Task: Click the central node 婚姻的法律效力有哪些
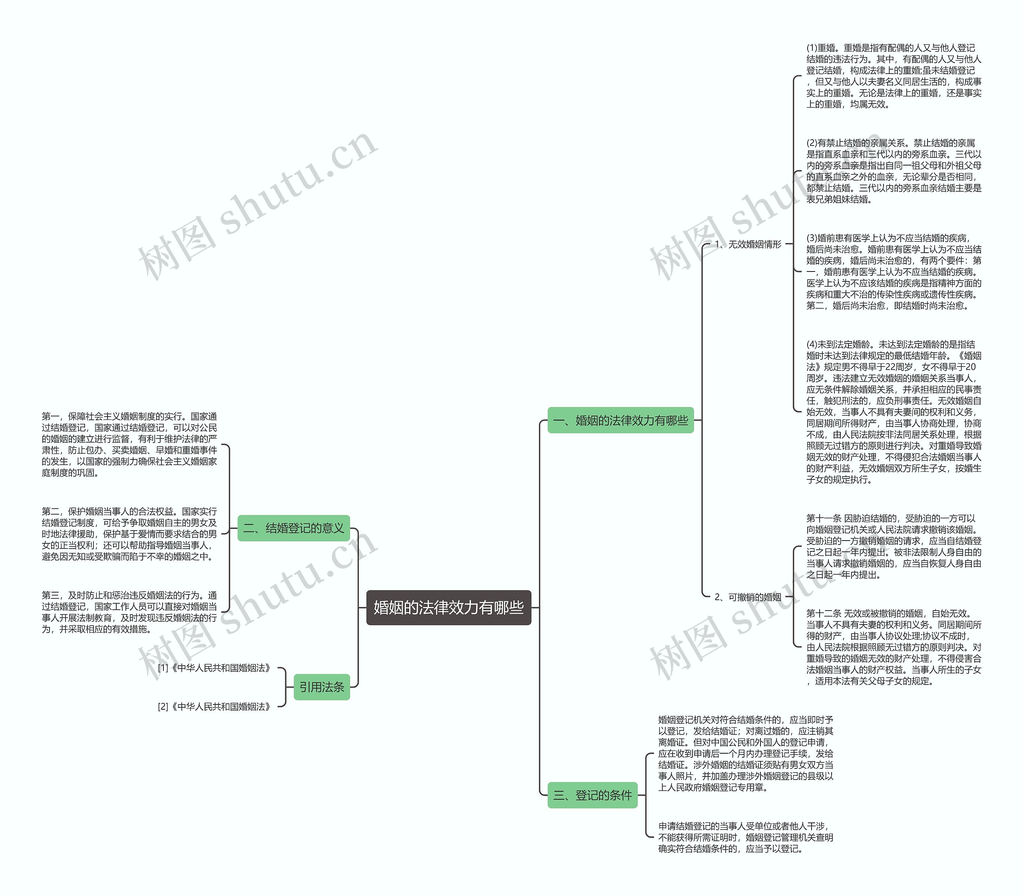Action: point(448,607)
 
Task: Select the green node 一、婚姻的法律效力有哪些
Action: point(620,421)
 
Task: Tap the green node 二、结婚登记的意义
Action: point(293,528)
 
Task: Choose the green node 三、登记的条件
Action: point(592,795)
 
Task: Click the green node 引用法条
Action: point(321,687)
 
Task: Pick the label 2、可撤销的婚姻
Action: point(748,597)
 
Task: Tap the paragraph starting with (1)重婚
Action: point(893,76)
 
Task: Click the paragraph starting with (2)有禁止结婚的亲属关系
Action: point(893,171)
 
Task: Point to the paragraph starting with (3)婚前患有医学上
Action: point(893,271)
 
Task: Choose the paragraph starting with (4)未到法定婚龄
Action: point(893,411)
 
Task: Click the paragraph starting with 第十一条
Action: point(893,546)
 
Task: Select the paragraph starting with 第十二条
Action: point(893,647)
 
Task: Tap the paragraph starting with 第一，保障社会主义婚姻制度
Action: point(129,445)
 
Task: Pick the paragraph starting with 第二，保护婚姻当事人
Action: point(129,533)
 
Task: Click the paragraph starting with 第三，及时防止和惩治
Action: point(129,612)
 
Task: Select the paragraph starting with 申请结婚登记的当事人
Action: point(745,837)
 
